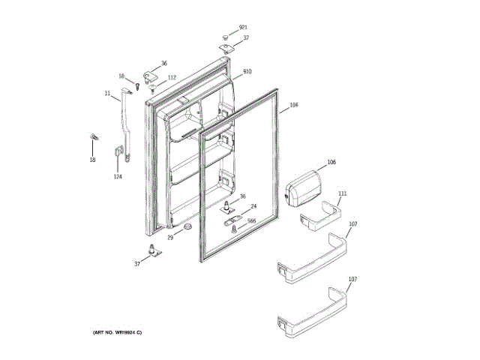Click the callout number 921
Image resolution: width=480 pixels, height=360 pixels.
point(243,28)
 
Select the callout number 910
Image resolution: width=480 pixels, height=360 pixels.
point(247,71)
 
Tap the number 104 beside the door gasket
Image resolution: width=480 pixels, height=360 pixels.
point(293,105)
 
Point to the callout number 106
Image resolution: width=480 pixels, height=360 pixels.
point(331,163)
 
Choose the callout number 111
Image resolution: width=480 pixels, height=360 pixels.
point(343,193)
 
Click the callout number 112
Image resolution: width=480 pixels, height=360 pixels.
point(172,77)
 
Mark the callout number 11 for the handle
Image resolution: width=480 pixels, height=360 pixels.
point(107,93)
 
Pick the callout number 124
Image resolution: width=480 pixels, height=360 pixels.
point(117,177)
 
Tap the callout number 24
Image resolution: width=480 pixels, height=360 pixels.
point(253,206)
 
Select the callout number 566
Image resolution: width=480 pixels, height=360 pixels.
point(252,220)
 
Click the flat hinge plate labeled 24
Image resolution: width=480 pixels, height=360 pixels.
point(231,212)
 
